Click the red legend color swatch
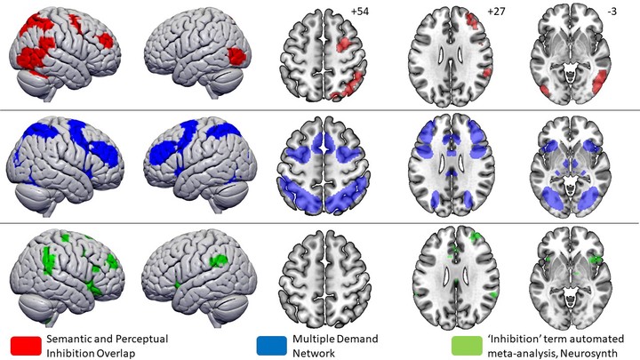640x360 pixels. point(26,346)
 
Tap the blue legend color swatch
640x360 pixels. point(271,346)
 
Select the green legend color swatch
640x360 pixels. point(467,346)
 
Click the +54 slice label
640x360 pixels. point(360,12)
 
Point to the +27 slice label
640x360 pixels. point(496,12)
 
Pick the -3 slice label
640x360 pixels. point(612,12)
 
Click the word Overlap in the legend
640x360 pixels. point(117,353)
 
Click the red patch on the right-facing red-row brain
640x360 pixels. point(236,56)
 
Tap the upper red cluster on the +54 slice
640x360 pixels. point(344,44)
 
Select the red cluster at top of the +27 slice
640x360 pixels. point(473,20)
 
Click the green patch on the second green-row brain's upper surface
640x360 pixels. point(219,260)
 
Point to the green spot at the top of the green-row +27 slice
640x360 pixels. point(475,236)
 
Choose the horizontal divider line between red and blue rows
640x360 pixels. point(320,110)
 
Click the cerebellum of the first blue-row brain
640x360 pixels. point(34,195)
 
